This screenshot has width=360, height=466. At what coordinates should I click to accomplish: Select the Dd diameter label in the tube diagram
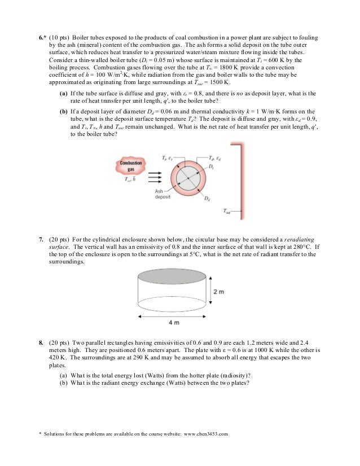[x=208, y=199]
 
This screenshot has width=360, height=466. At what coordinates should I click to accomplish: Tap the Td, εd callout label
[x=214, y=159]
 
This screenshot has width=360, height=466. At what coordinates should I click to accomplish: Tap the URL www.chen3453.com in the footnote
[x=205, y=433]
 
